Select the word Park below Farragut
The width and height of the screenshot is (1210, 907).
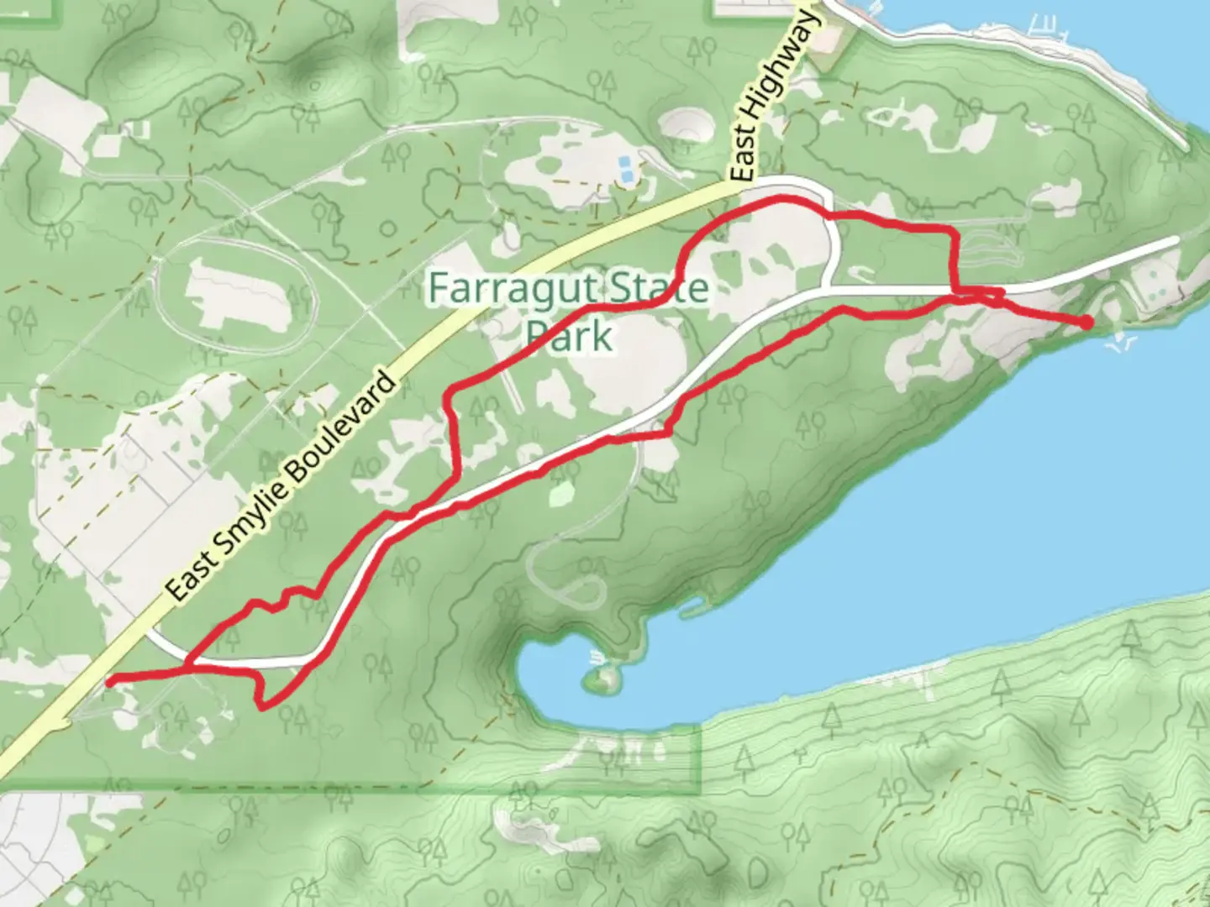pos(570,336)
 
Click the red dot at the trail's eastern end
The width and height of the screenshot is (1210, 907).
pos(1086,322)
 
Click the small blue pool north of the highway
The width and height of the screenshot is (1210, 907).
pos(626,167)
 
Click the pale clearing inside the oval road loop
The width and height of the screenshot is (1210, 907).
pos(235,294)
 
